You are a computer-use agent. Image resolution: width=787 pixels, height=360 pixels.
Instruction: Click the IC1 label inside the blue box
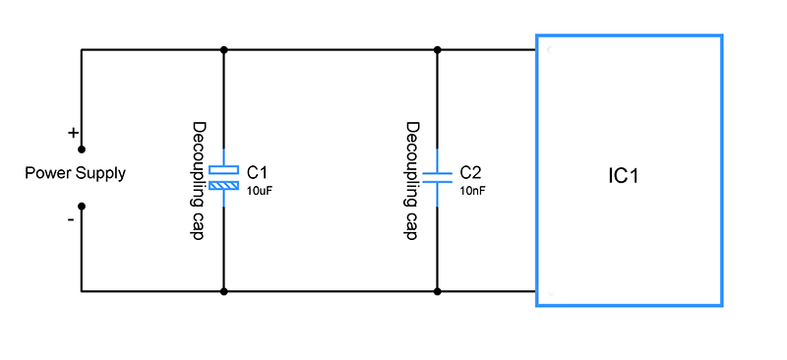tap(623, 176)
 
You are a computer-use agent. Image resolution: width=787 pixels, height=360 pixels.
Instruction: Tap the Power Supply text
tap(76, 174)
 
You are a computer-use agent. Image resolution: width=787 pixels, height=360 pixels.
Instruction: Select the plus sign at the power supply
tap(73, 133)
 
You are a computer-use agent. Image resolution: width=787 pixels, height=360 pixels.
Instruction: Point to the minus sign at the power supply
tap(71, 219)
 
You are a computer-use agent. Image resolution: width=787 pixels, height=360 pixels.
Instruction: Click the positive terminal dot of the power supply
tap(82, 150)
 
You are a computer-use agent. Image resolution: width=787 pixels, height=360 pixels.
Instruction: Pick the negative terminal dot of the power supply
tap(82, 206)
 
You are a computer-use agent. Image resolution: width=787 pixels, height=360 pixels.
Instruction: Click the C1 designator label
tap(257, 172)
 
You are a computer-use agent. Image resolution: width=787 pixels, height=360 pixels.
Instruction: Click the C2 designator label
tap(470, 172)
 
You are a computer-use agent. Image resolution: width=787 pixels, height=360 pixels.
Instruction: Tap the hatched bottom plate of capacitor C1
tap(224, 187)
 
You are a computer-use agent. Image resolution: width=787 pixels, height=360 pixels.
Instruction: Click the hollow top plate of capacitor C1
tap(224, 170)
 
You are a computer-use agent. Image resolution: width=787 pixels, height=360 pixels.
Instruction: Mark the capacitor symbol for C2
tap(438, 178)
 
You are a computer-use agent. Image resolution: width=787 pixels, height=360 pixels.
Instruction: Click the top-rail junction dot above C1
tap(224, 50)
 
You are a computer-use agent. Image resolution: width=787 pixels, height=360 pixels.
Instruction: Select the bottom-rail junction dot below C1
tap(224, 291)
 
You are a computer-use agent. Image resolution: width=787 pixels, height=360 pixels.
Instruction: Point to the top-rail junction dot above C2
tap(438, 50)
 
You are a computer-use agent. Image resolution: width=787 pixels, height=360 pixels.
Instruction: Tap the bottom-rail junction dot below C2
tap(438, 291)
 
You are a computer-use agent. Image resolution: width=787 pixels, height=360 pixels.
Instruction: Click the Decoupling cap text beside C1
tap(200, 180)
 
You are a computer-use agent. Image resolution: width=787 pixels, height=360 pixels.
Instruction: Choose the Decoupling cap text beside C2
tap(412, 180)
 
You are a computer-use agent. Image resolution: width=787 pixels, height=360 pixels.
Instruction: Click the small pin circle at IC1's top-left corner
tap(551, 50)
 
